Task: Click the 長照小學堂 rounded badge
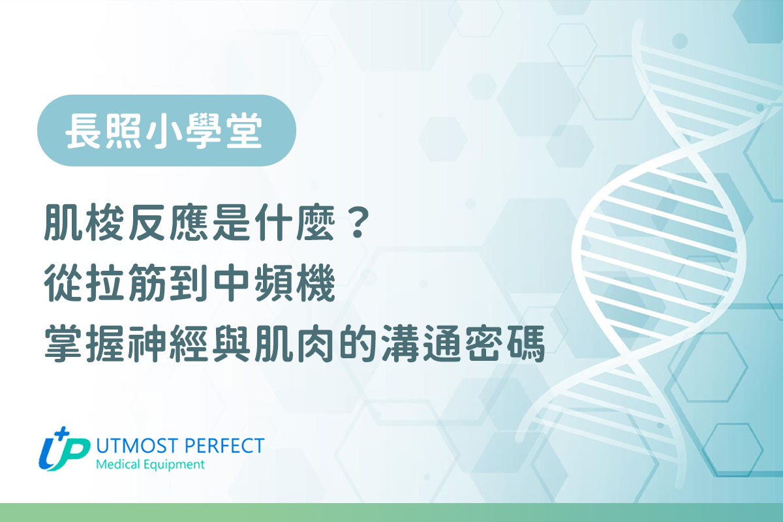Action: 166,130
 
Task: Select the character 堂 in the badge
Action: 247,130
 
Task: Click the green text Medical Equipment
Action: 149,465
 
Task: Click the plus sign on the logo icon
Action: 63,433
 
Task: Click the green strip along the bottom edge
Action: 391,512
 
